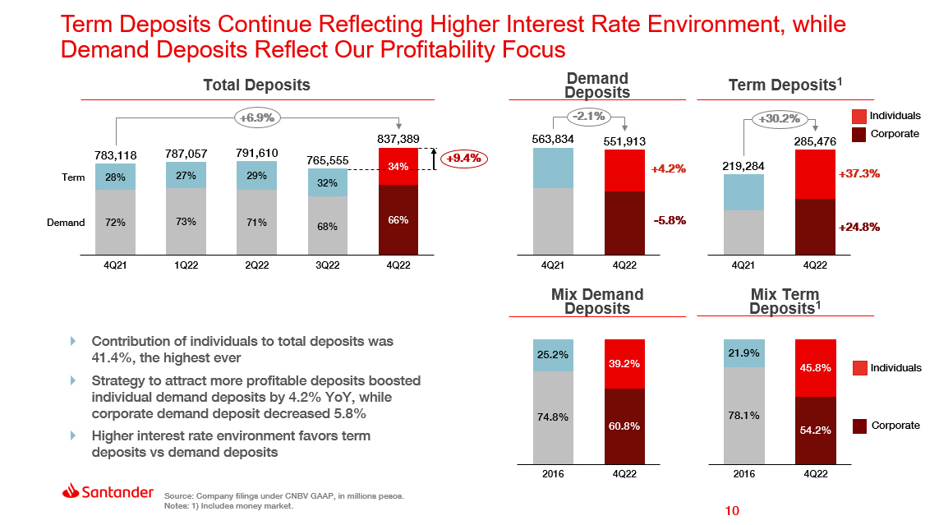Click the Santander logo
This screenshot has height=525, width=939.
pyautogui.click(x=108, y=492)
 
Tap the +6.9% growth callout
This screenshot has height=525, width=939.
pyautogui.click(x=257, y=117)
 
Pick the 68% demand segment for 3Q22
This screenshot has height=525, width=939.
pyautogui.click(x=328, y=227)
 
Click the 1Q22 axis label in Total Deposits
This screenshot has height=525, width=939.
pyautogui.click(x=186, y=266)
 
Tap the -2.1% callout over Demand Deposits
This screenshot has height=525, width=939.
pyautogui.click(x=591, y=117)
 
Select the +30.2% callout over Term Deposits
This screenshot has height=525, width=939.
pyautogui.click(x=780, y=119)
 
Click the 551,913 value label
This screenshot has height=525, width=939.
pyautogui.click(x=625, y=141)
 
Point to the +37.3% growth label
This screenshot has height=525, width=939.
pyautogui.click(x=859, y=174)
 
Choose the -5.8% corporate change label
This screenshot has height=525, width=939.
pyautogui.click(x=669, y=220)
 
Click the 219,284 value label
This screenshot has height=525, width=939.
pyautogui.click(x=743, y=166)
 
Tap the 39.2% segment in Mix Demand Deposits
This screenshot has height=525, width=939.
pyautogui.click(x=625, y=363)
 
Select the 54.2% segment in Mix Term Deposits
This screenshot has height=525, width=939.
pyautogui.click(x=815, y=430)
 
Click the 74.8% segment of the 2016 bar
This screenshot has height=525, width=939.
pyautogui.click(x=554, y=417)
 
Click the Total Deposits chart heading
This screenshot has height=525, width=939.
pyautogui.click(x=256, y=85)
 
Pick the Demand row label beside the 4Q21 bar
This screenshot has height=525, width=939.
pyautogui.click(x=66, y=223)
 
